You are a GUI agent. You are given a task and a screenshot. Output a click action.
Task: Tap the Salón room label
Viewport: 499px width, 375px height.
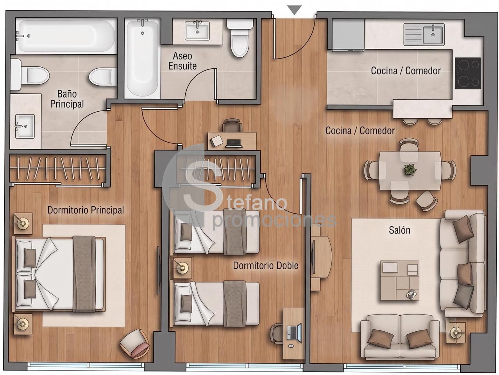(x=399, y=230)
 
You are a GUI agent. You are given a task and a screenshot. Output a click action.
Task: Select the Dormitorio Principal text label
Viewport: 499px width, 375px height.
(x=86, y=210)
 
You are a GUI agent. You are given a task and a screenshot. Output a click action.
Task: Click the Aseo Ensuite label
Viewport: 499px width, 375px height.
(x=182, y=61)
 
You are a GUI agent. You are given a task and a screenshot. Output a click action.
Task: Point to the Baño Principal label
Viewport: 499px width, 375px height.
(x=67, y=99)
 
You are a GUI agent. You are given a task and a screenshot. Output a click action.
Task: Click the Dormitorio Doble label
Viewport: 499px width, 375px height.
(x=266, y=266)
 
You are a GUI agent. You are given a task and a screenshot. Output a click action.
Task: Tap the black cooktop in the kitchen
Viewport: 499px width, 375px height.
(x=468, y=73)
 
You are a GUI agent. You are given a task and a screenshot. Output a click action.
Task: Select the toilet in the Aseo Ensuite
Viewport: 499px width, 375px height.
(x=240, y=38)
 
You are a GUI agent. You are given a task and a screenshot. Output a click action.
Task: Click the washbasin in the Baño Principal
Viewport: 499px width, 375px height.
(x=25, y=126)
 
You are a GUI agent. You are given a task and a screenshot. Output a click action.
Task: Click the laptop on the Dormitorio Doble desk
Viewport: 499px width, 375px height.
(x=294, y=333)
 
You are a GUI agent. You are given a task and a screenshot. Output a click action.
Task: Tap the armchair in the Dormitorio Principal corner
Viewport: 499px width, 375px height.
(x=134, y=340)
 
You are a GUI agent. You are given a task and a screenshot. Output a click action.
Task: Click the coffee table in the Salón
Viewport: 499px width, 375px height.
(x=400, y=280)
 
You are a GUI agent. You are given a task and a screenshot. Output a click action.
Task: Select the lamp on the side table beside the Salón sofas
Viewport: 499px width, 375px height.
(x=456, y=333)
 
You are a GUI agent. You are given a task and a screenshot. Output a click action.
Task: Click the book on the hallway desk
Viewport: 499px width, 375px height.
(x=216, y=141)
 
